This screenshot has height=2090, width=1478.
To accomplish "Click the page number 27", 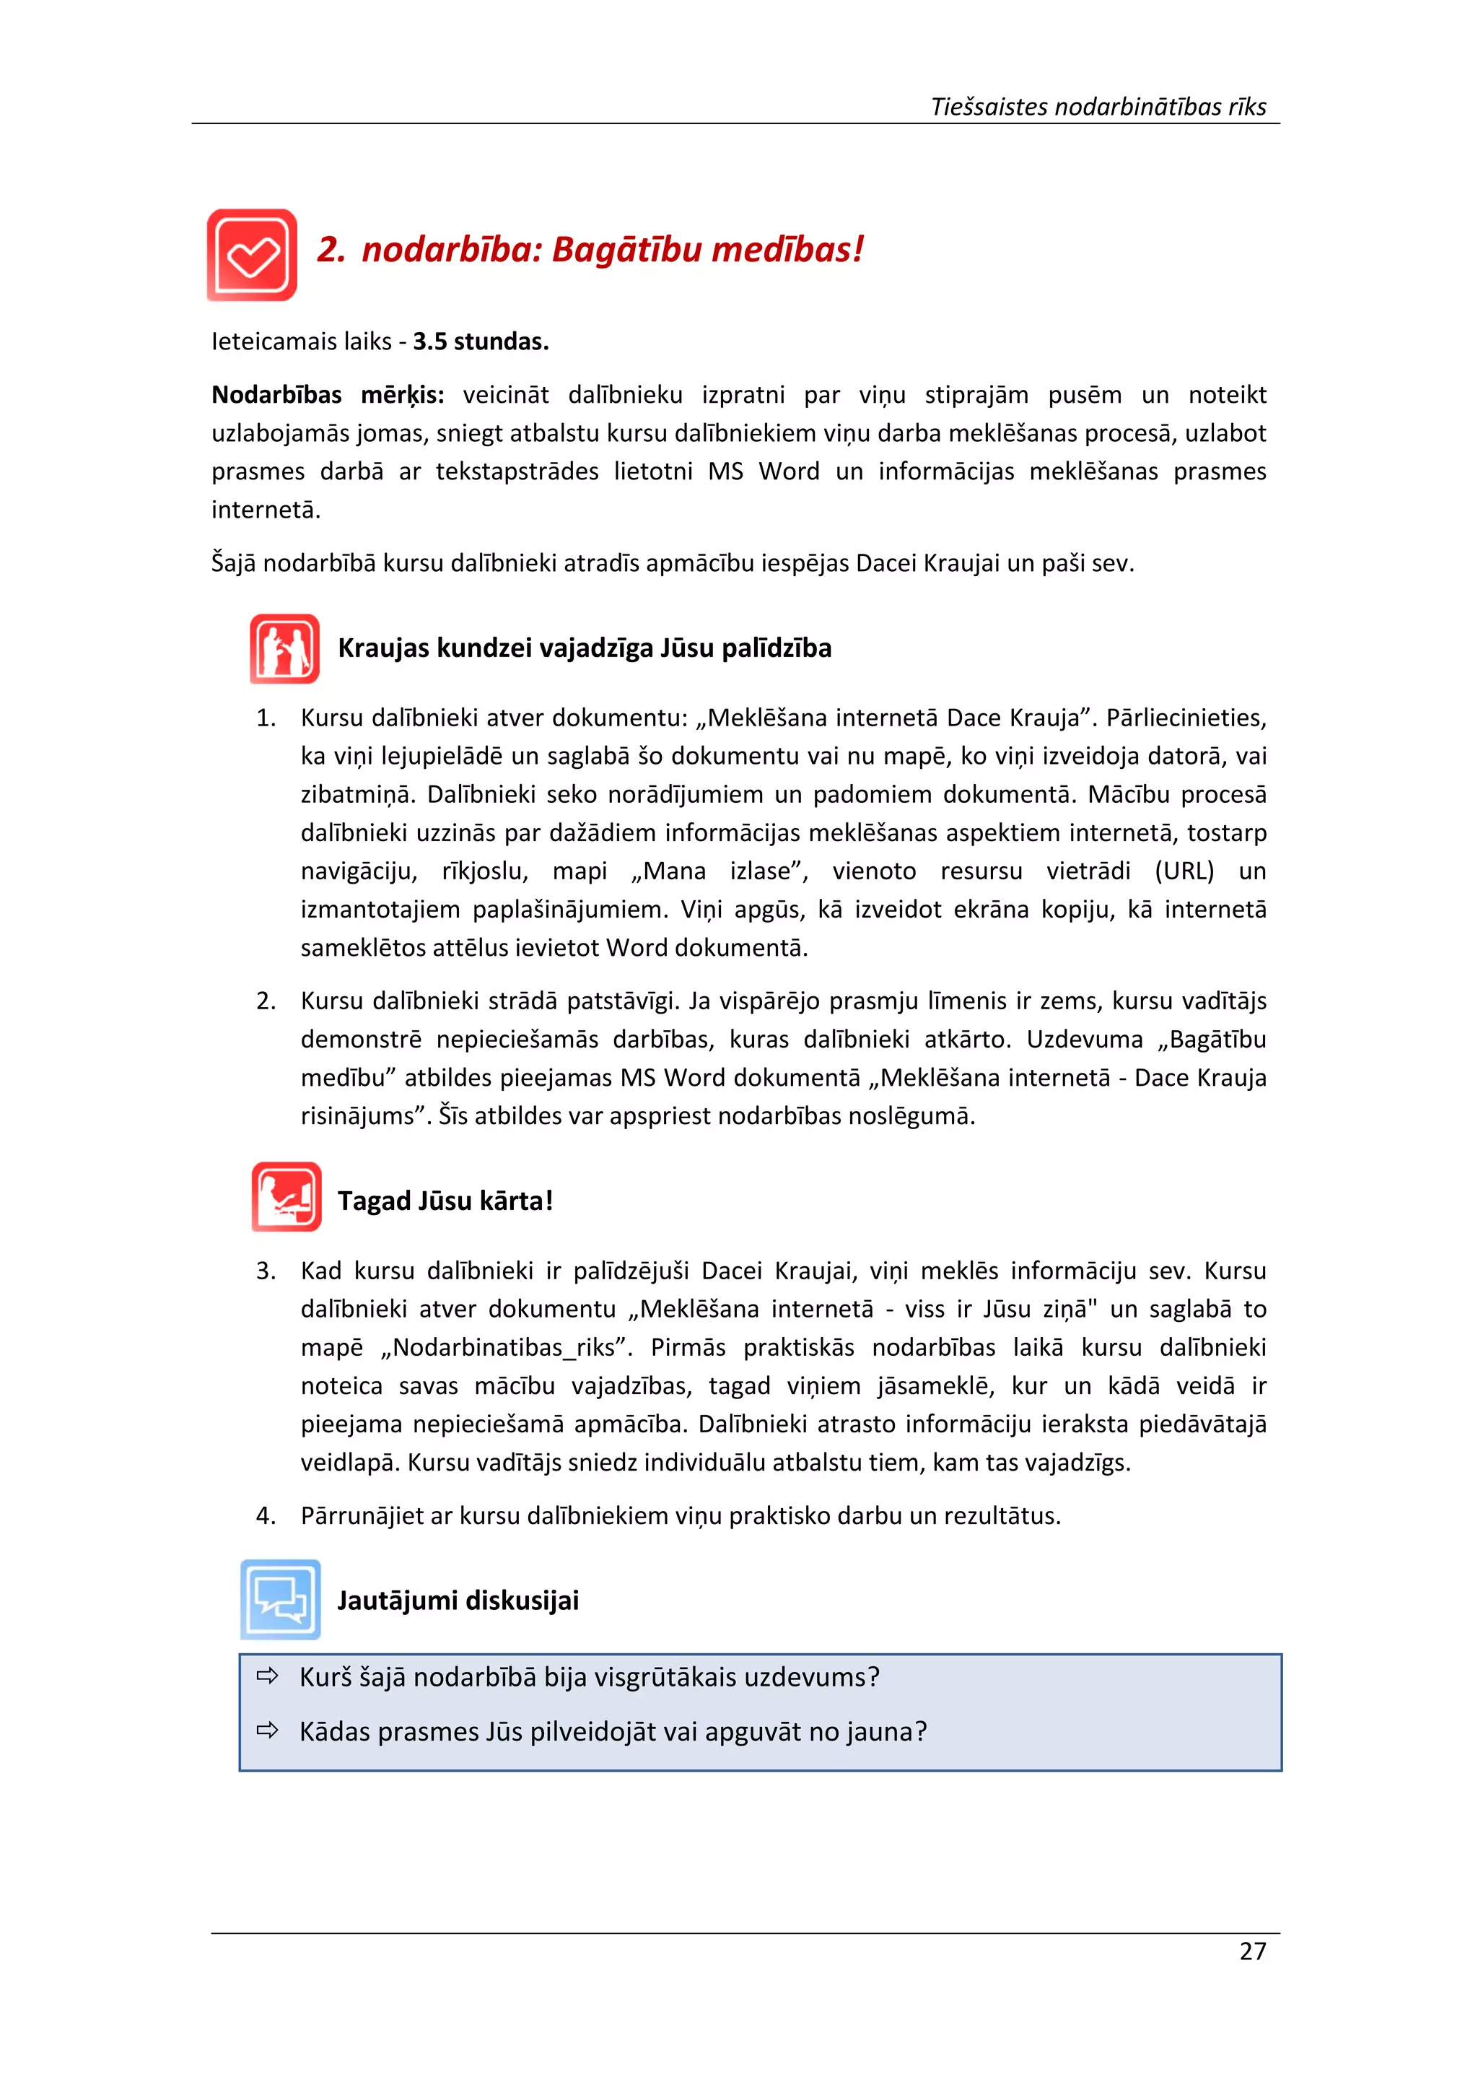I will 1252,1951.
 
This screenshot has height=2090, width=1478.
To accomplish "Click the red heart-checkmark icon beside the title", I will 252,255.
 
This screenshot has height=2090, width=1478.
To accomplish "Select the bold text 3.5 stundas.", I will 481,341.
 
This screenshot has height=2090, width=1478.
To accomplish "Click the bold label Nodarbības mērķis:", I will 328,395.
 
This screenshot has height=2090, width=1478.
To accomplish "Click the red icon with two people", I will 284,649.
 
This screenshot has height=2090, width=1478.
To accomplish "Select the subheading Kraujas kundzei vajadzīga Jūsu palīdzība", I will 585,648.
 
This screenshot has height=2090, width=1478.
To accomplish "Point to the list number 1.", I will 265,718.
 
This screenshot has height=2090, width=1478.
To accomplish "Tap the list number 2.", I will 265,1001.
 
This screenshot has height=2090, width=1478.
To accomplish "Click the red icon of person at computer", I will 286,1197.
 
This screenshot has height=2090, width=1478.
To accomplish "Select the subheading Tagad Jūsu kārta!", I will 445,1201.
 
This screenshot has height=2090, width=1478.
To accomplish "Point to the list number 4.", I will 265,1515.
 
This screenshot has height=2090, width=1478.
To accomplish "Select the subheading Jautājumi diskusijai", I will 458,1601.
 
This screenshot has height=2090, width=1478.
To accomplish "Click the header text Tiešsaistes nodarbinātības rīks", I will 1098,107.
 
